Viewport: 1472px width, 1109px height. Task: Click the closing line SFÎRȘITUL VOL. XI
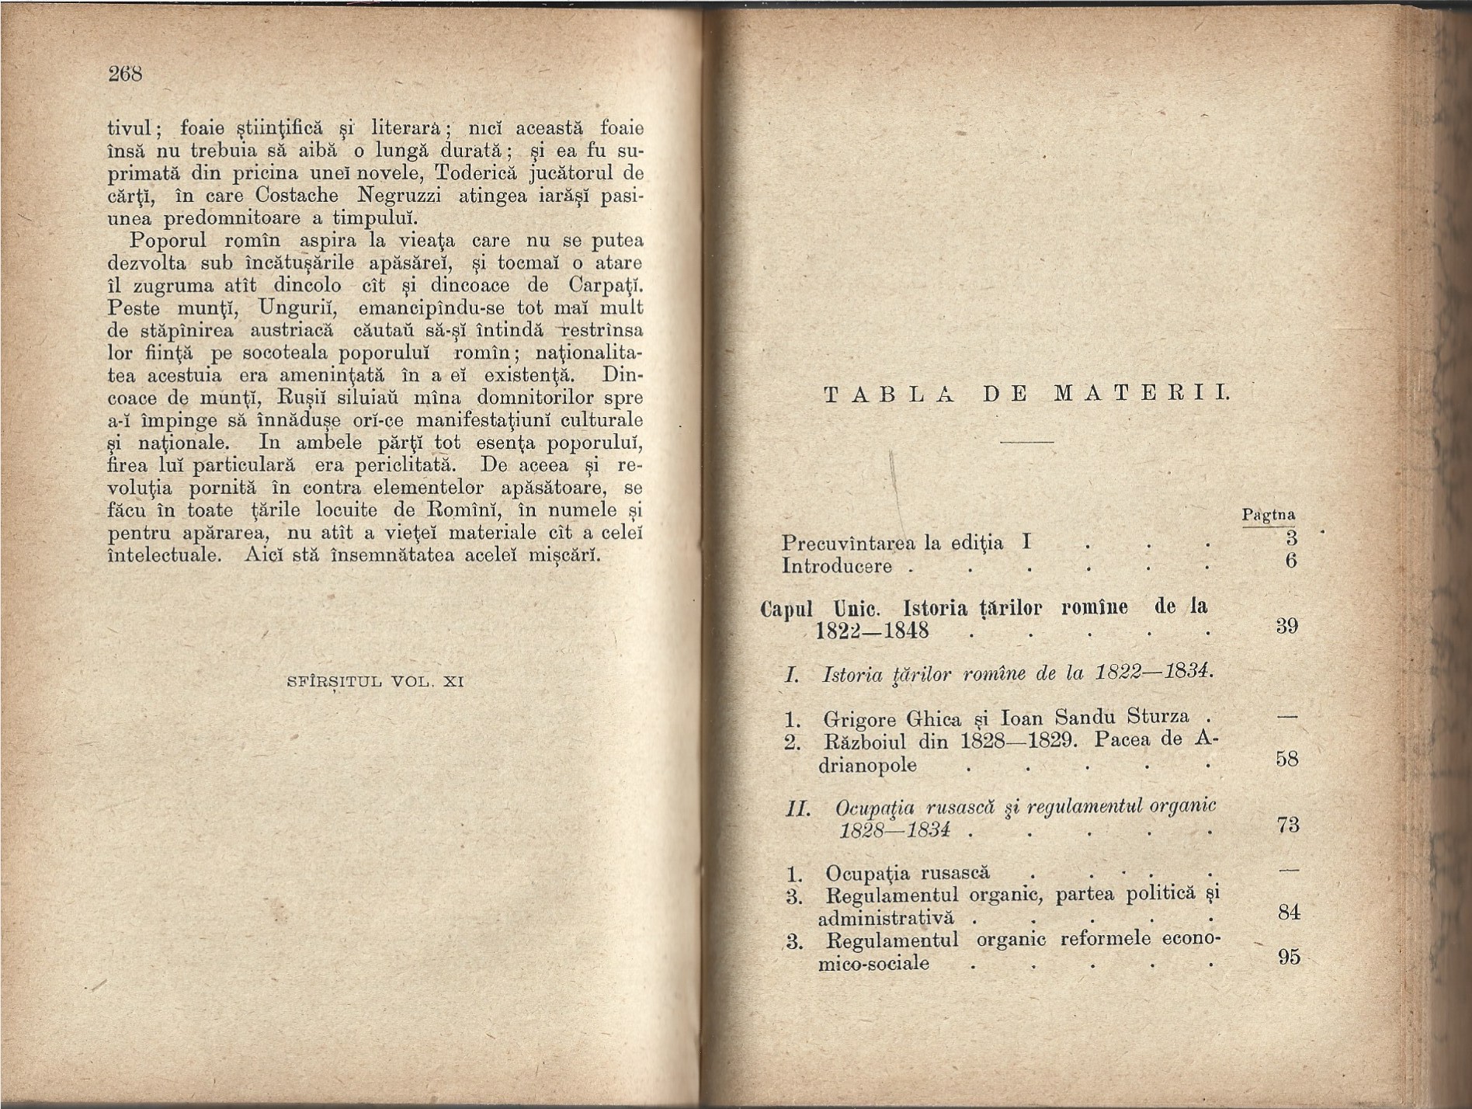coord(375,682)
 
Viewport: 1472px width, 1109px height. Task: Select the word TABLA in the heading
coord(888,394)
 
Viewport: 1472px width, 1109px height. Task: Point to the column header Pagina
coord(1268,515)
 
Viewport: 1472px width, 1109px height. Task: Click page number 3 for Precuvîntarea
coord(1291,537)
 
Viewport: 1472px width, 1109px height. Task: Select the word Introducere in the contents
coord(837,566)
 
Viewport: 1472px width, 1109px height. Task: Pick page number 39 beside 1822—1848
coord(1287,626)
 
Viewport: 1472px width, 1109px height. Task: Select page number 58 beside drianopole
coord(1287,758)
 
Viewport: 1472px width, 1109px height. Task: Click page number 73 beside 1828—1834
coord(1287,824)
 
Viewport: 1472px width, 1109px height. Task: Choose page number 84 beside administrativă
coord(1288,912)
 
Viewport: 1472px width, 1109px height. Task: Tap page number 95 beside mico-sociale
coord(1288,957)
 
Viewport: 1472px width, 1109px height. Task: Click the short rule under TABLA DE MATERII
coord(1026,442)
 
